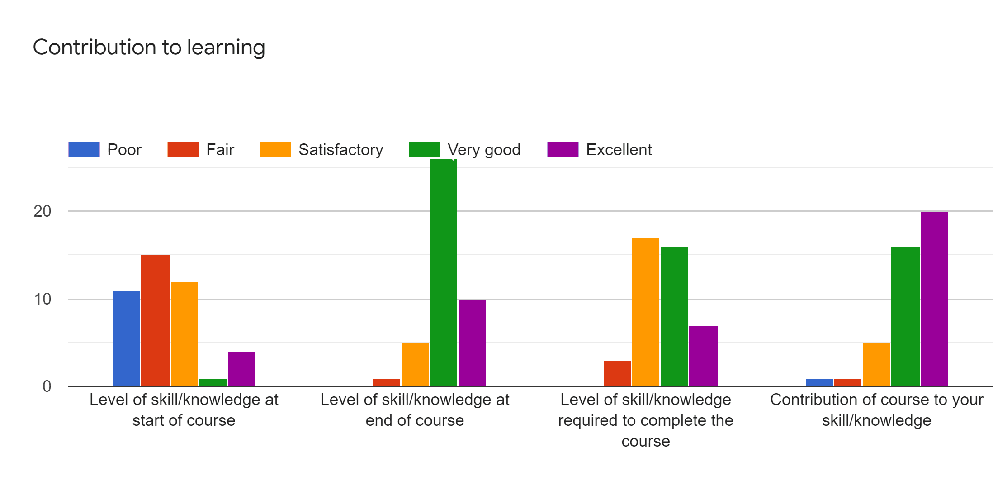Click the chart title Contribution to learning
pyautogui.click(x=149, y=48)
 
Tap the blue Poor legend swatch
pyautogui.click(x=84, y=149)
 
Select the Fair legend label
pyautogui.click(x=220, y=150)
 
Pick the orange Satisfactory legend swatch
pyautogui.click(x=275, y=149)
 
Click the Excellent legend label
pyautogui.click(x=619, y=150)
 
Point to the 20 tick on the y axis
pyautogui.click(x=43, y=211)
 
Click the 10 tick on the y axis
pyautogui.click(x=43, y=299)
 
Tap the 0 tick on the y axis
pyautogui.click(x=47, y=386)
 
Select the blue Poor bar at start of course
pyautogui.click(x=126, y=338)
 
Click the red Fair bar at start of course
pyautogui.click(x=155, y=320)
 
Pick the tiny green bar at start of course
pyautogui.click(x=213, y=382)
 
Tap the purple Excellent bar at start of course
pyautogui.click(x=241, y=369)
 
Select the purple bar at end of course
pyautogui.click(x=472, y=343)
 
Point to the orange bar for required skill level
pyautogui.click(x=645, y=312)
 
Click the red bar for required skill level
pyautogui.click(x=617, y=373)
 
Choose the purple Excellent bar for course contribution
pyautogui.click(x=934, y=299)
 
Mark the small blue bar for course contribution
pyautogui.click(x=819, y=382)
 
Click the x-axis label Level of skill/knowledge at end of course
pyautogui.click(x=415, y=410)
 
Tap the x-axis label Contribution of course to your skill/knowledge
pyautogui.click(x=876, y=410)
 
